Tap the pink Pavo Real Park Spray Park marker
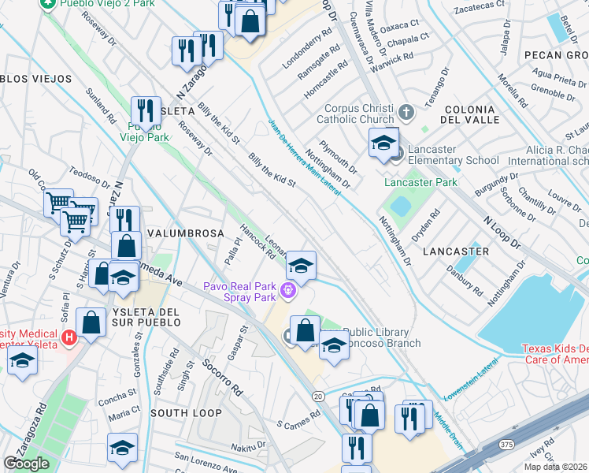(288, 292)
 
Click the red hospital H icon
(69, 337)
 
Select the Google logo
(26, 464)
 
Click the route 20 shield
(318, 396)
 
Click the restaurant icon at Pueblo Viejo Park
(146, 110)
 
